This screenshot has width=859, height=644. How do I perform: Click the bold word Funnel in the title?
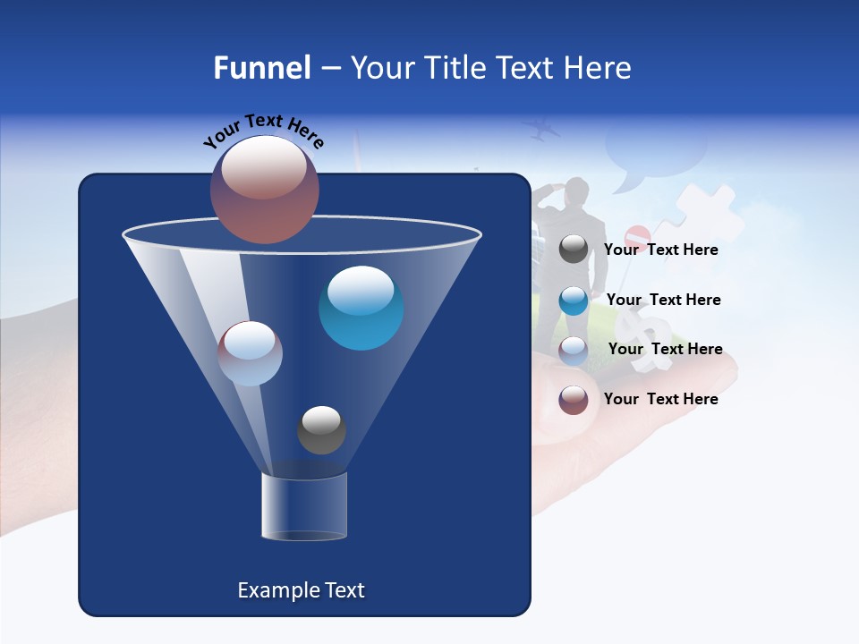(x=262, y=68)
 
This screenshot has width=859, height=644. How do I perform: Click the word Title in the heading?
(x=452, y=68)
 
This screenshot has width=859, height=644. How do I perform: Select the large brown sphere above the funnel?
(x=265, y=189)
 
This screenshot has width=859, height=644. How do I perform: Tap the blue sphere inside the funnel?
(x=361, y=308)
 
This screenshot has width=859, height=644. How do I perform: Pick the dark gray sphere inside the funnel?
(x=321, y=430)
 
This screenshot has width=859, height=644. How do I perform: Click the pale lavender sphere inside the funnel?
(x=251, y=353)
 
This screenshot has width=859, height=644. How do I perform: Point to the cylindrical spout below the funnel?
(x=303, y=506)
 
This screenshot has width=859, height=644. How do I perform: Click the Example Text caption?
(x=301, y=590)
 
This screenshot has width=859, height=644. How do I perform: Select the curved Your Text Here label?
(x=264, y=131)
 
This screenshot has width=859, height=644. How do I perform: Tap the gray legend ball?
(x=574, y=250)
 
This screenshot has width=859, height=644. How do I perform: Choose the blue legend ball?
(x=574, y=301)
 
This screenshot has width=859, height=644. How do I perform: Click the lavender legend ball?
(x=574, y=351)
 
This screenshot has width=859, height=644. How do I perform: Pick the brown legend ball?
(x=574, y=400)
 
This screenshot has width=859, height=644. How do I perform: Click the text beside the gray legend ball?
(x=660, y=250)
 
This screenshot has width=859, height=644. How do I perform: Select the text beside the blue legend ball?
(x=663, y=300)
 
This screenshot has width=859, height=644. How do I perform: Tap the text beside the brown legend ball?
(x=660, y=399)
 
